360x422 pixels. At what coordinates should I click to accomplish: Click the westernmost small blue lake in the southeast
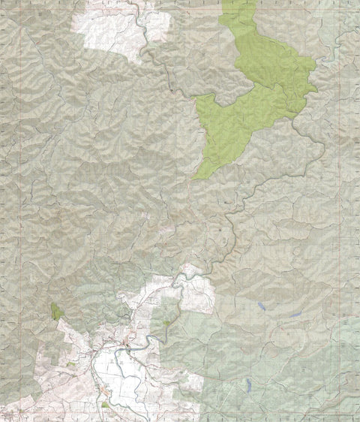click(x=259, y=306)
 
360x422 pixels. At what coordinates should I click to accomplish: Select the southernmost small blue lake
click(x=247, y=384)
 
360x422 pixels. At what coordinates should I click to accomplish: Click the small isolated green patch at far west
click(x=55, y=311)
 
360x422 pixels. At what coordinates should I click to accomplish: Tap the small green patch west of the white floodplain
click(x=72, y=364)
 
